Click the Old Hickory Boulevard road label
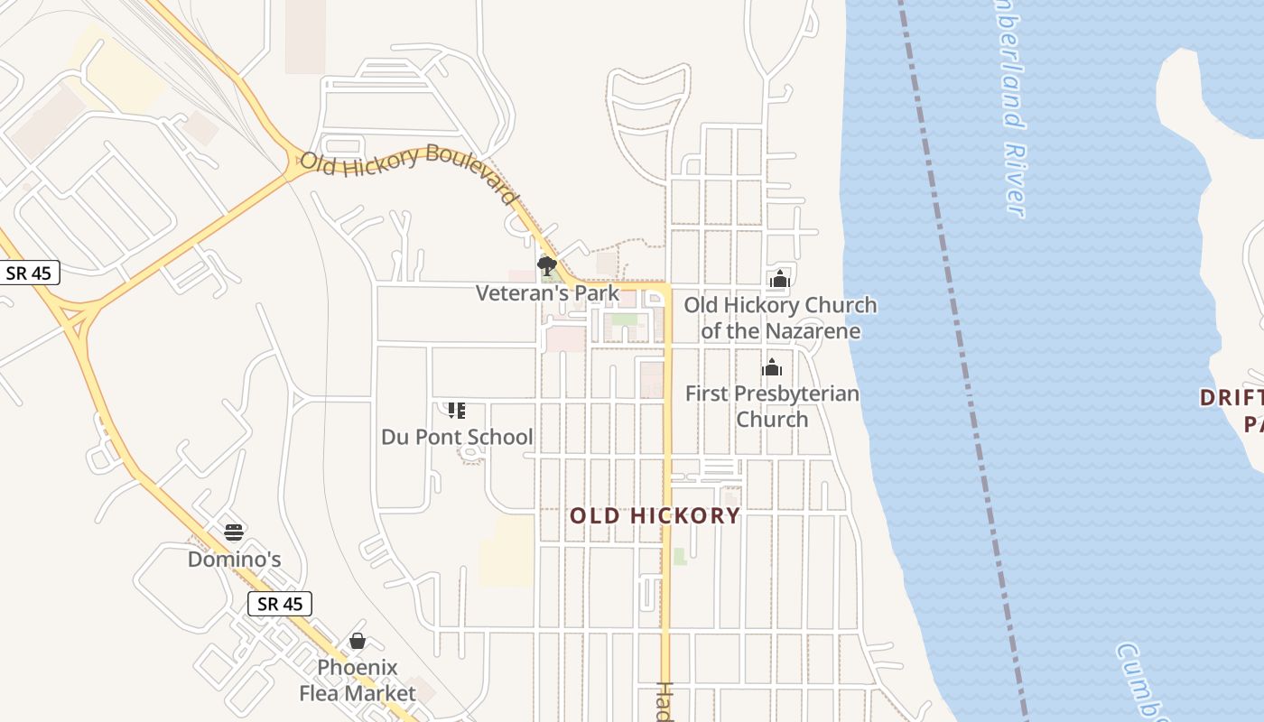(x=408, y=172)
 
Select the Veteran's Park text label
(x=548, y=292)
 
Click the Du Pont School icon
(x=457, y=411)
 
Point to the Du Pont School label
(x=457, y=438)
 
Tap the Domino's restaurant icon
(x=234, y=532)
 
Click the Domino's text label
(x=234, y=560)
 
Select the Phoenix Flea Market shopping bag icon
(x=358, y=642)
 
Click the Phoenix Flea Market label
(x=358, y=680)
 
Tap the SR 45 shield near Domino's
(x=280, y=604)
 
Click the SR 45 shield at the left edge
(x=29, y=273)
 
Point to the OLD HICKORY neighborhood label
(x=655, y=516)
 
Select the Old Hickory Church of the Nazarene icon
(x=780, y=280)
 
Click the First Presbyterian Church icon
(x=772, y=367)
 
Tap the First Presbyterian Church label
(x=772, y=406)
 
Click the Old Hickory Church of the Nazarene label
(x=780, y=318)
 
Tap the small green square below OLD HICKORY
(x=680, y=556)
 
